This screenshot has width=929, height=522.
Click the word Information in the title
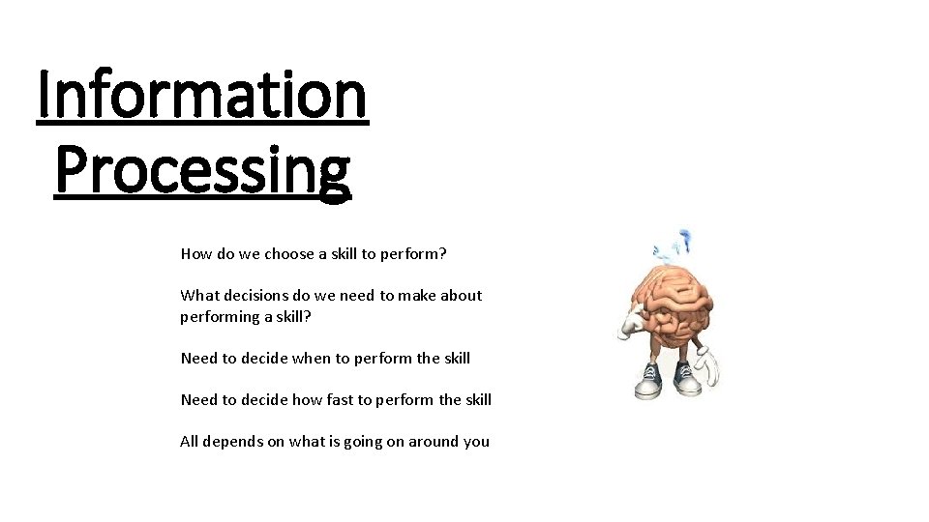[202, 96]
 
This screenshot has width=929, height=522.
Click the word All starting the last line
[190, 442]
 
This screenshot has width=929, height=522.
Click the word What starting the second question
[198, 296]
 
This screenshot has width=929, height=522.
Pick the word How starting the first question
[195, 254]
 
